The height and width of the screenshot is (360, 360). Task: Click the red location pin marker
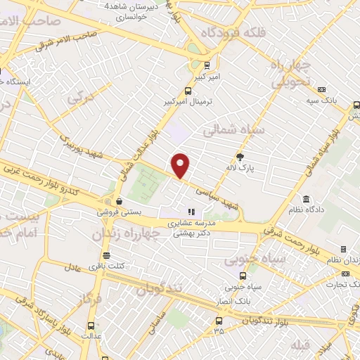click(x=181, y=165)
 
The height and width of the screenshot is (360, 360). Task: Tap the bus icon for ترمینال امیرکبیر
click(x=188, y=91)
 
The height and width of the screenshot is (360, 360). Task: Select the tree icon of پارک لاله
click(x=240, y=157)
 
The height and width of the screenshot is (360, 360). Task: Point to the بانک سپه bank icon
click(x=321, y=90)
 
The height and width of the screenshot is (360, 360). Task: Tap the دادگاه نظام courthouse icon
click(x=305, y=199)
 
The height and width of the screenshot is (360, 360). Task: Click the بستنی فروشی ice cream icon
click(x=119, y=200)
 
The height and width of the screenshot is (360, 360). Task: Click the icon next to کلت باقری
click(x=105, y=255)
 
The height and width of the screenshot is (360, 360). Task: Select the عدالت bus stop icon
click(x=91, y=326)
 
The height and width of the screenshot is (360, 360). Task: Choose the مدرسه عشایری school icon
click(x=189, y=212)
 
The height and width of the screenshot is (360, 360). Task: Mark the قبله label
click(x=300, y=344)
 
